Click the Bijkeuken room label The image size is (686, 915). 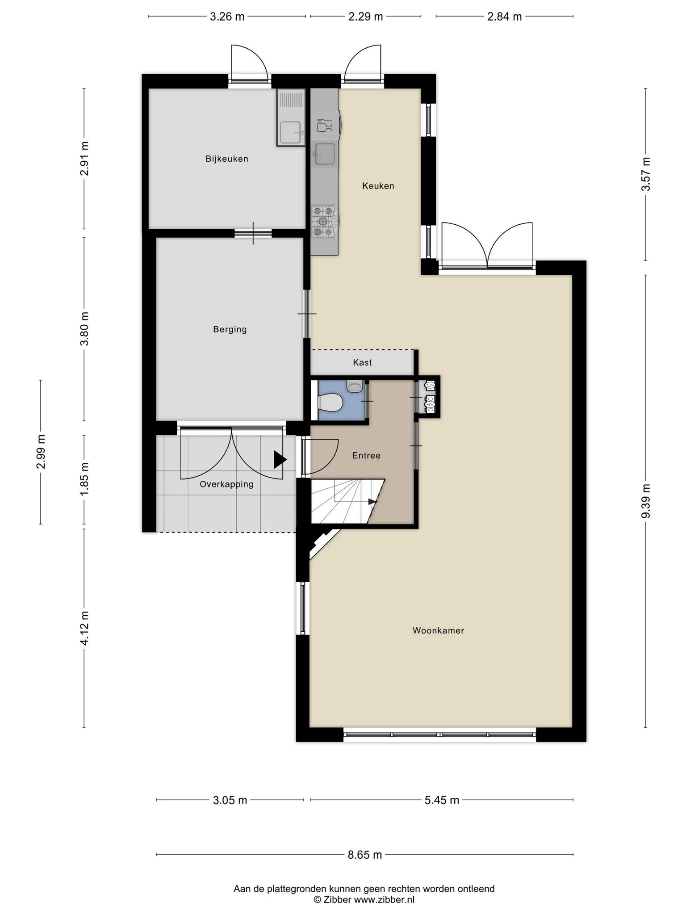tap(227, 159)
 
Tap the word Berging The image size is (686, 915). tap(230, 330)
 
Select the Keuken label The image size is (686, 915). tap(378, 186)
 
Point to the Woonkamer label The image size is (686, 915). tap(439, 630)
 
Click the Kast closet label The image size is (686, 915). tap(362, 362)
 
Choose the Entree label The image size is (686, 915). tap(366, 456)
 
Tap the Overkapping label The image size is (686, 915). tap(227, 484)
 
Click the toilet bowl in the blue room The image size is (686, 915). tap(330, 402)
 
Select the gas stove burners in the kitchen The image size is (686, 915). tap(324, 221)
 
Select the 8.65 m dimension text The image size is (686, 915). tap(365, 855)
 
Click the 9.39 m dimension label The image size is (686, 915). tap(646, 500)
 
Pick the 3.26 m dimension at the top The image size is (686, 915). tap(227, 17)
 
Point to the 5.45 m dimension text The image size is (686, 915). tap(442, 800)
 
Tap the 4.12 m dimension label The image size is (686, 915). tap(84, 627)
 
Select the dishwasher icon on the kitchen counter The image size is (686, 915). tap(325, 126)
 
